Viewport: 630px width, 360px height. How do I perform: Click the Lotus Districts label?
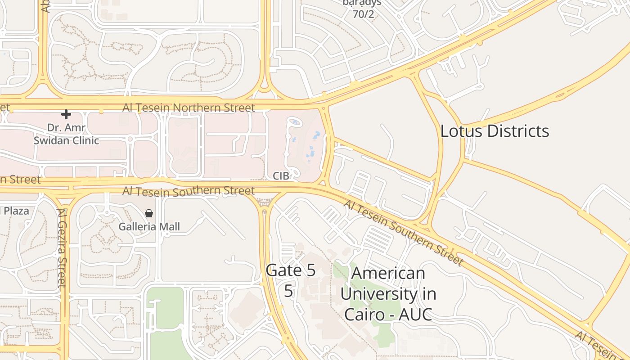(x=495, y=131)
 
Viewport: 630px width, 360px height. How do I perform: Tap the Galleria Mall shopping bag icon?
(x=149, y=213)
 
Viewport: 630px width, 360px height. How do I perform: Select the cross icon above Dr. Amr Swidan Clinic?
(x=66, y=114)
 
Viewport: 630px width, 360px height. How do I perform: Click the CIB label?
(x=281, y=175)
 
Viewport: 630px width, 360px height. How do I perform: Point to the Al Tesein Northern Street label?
(x=189, y=108)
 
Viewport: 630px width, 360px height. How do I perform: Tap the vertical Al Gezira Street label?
(x=62, y=247)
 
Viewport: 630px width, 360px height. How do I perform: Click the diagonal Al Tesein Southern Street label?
(x=403, y=233)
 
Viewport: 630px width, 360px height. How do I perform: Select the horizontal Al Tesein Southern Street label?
(x=189, y=191)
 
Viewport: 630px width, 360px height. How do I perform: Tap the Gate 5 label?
(x=291, y=271)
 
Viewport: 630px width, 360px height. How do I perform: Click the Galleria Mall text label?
(x=149, y=227)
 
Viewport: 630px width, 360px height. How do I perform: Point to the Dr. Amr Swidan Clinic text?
(x=66, y=134)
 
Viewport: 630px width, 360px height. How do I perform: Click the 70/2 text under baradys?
(x=363, y=14)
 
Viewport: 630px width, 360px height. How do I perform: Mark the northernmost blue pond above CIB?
(x=295, y=121)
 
